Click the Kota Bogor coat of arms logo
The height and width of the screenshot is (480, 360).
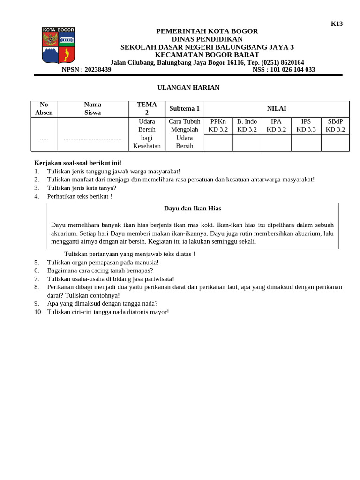pyautogui.click(x=59, y=45)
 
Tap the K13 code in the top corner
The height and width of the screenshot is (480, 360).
pyautogui.click(x=337, y=24)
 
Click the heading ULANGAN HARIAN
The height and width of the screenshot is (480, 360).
pyautogui.click(x=188, y=88)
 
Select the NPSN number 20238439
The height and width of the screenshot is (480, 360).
pyautogui.click(x=86, y=70)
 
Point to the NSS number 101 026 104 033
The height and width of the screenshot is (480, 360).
pyautogui.click(x=284, y=70)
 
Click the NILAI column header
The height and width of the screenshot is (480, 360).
pyautogui.click(x=277, y=109)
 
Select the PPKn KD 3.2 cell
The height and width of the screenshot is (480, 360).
pyautogui.click(x=218, y=126)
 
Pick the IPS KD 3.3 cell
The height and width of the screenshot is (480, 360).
pyautogui.click(x=306, y=126)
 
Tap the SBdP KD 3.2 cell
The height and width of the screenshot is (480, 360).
pyautogui.click(x=335, y=126)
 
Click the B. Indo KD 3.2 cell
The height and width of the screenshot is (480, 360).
pyautogui.click(x=247, y=126)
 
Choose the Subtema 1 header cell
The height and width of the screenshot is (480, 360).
pyautogui.click(x=185, y=109)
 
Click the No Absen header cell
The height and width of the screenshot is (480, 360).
pyautogui.click(x=44, y=109)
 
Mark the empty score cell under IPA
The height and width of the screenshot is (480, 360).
pyautogui.click(x=276, y=143)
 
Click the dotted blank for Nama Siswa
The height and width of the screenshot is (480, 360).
pyautogui.click(x=93, y=139)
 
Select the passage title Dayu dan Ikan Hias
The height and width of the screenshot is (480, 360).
pyautogui.click(x=193, y=209)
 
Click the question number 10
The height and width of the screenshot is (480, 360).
pyautogui.click(x=38, y=312)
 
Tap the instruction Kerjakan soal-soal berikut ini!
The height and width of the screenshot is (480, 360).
pyautogui.click(x=78, y=163)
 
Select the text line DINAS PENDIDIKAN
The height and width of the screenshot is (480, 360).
pyautogui.click(x=207, y=39)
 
